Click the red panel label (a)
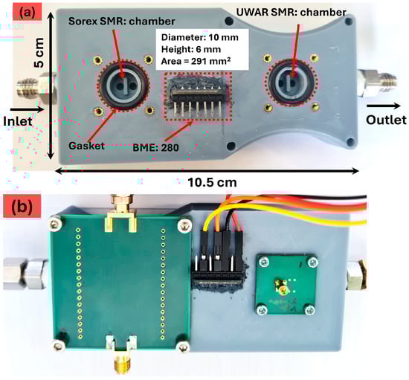[28, 12]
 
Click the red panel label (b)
[22, 206]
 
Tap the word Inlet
[18, 121]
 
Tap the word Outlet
[386, 120]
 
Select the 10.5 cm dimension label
[212, 183]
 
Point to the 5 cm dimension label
[39, 53]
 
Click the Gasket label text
[86, 146]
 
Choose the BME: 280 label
[155, 148]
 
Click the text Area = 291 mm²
[196, 61]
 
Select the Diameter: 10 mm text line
[199, 37]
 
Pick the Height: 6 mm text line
[191, 49]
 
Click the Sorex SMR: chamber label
[121, 22]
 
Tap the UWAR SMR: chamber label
[291, 12]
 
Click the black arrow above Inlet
[27, 109]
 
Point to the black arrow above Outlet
[384, 106]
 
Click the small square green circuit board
[286, 284]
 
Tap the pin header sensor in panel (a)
[198, 97]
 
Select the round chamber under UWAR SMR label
[292, 82]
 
